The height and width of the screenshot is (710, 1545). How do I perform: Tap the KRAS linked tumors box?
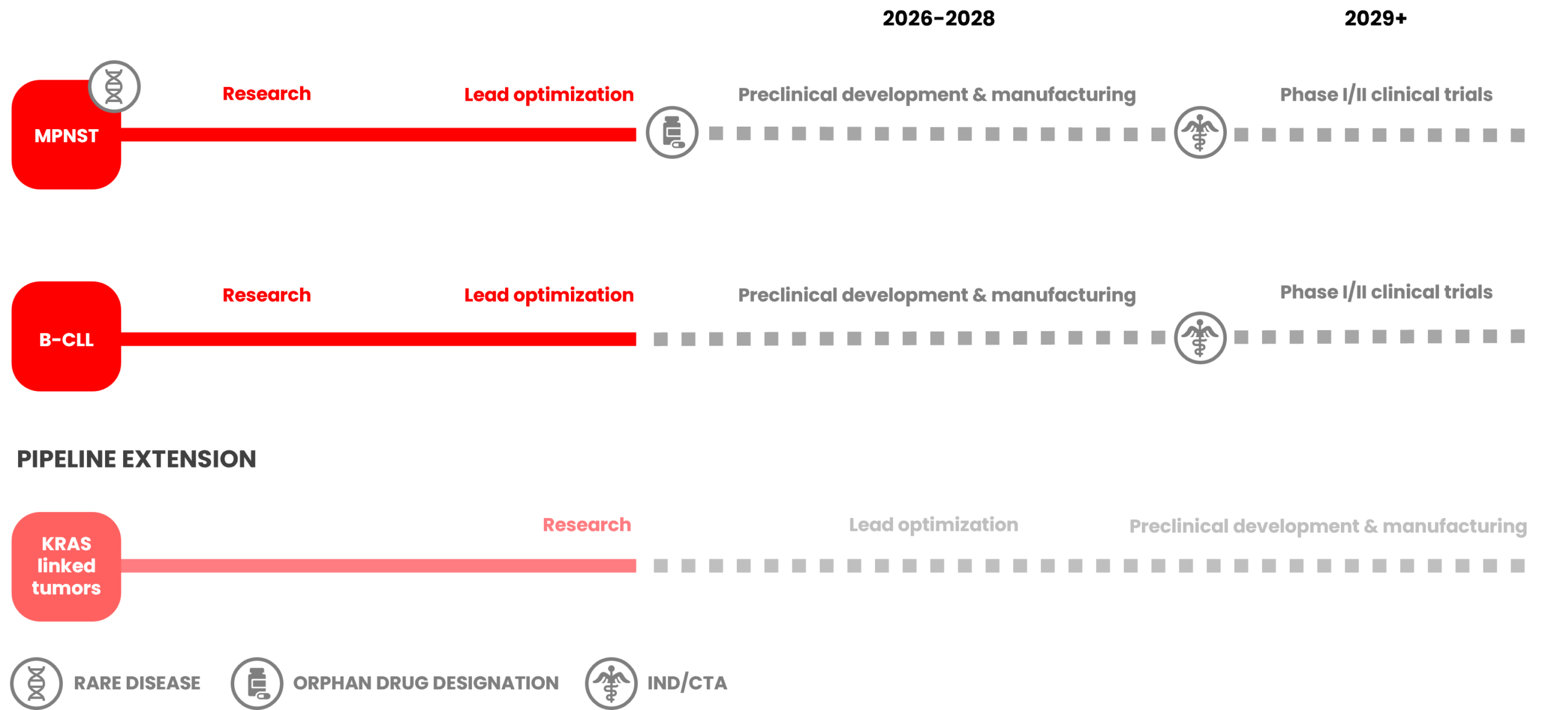66,566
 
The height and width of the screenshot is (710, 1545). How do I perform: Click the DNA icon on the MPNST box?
115,87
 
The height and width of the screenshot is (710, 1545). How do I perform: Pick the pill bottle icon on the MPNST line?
672,133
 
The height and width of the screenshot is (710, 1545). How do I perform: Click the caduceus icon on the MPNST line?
1200,133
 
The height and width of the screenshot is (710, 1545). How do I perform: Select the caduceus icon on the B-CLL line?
1200,338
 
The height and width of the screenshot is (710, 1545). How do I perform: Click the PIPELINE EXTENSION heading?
136,460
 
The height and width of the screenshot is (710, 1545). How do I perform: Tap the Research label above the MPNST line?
267,94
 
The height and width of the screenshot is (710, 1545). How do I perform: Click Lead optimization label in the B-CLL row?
549,295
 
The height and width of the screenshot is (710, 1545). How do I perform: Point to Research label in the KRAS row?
587,525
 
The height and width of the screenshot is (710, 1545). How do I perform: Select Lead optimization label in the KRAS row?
933,525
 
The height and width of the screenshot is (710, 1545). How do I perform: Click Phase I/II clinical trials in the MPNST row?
1386,95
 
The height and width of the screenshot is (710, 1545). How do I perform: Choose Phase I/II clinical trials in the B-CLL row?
1386,293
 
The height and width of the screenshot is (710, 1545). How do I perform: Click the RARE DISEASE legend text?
137,683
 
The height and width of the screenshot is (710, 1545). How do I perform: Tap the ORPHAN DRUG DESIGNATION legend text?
426,683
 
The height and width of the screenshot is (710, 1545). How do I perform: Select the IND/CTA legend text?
687,683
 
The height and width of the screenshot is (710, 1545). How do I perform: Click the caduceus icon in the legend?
611,683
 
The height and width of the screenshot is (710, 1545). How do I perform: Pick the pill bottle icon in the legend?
257,683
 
